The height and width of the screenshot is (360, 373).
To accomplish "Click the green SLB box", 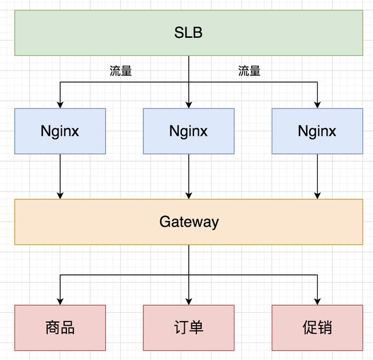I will [x=188, y=33].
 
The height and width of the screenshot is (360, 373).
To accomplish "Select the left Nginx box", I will [x=60, y=131].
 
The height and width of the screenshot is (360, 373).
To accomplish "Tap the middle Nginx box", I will [x=188, y=131].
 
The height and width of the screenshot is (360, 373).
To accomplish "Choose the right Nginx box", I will [x=317, y=131].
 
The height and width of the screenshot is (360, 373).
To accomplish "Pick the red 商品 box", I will [x=60, y=328].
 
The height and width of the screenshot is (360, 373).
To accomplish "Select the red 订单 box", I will [x=188, y=328].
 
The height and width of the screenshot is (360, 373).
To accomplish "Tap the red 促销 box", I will [x=317, y=328].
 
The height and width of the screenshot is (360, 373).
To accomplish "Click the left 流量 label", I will [x=121, y=71].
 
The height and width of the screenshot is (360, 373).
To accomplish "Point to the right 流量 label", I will [x=249, y=71].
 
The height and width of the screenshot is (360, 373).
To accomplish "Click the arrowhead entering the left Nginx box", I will [x=60, y=105].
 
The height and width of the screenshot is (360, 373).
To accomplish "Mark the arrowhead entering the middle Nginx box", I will [x=188, y=105].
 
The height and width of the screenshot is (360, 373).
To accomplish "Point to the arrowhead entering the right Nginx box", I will [x=317, y=105].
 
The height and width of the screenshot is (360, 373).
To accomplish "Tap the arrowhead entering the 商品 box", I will [x=60, y=301].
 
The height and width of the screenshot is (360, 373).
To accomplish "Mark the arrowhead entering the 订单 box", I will [x=188, y=301].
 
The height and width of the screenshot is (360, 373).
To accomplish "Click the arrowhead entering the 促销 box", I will [x=317, y=301].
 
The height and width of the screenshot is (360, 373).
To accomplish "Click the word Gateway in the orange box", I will [x=188, y=222].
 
